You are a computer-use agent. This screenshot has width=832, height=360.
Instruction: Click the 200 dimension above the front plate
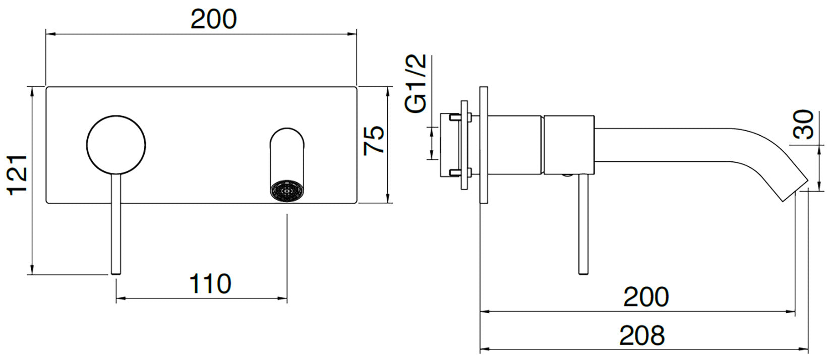[x=213, y=19]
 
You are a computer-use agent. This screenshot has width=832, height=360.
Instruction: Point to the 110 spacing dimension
[x=210, y=284]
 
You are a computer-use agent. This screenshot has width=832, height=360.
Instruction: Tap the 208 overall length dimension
[x=641, y=335]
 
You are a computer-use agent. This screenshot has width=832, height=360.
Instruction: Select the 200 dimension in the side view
[x=646, y=296]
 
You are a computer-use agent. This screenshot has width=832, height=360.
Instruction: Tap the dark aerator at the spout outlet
[x=287, y=192]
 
